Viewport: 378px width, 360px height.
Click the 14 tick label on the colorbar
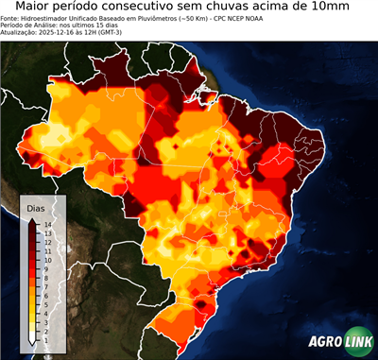46,224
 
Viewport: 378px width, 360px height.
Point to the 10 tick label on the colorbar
46,257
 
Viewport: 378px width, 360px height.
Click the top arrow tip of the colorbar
32,219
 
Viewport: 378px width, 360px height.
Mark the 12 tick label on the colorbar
46,241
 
